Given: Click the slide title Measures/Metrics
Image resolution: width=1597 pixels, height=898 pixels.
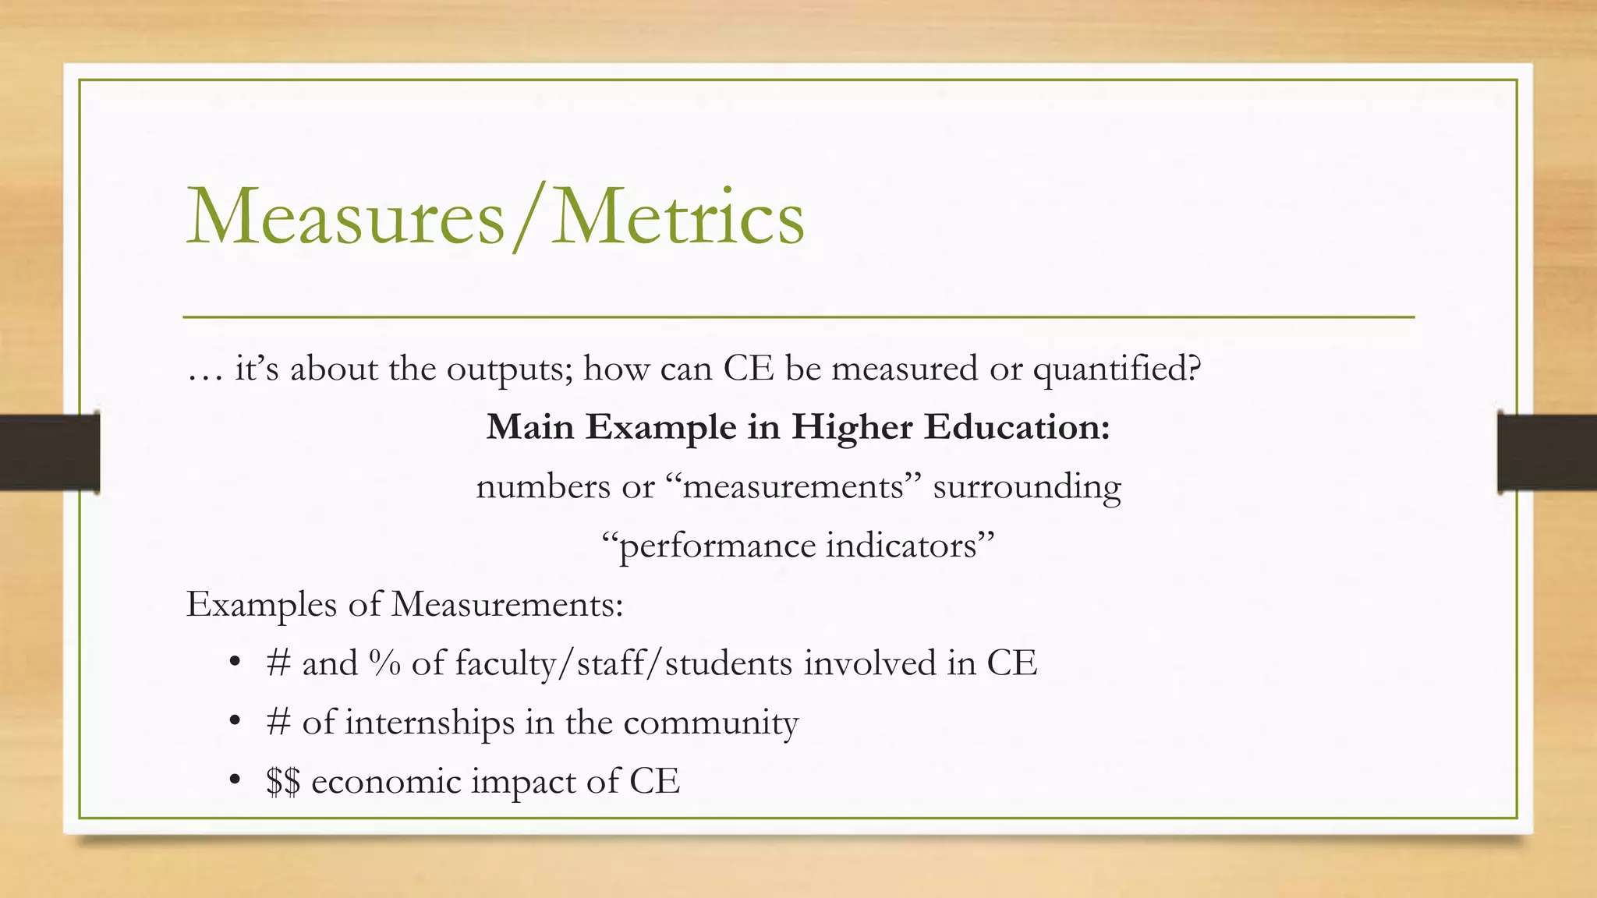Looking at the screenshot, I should [x=495, y=217].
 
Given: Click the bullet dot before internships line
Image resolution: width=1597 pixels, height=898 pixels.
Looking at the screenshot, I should [x=235, y=722].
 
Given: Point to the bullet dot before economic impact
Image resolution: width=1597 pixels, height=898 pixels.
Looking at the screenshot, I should [x=235, y=780].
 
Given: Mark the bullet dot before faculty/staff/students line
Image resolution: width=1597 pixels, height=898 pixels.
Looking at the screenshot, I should [x=235, y=663].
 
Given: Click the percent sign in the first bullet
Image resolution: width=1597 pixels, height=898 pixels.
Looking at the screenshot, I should [x=385, y=663].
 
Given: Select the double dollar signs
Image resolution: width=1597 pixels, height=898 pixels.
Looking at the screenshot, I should [x=282, y=782].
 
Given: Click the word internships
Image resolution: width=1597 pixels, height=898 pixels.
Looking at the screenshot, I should [x=430, y=723].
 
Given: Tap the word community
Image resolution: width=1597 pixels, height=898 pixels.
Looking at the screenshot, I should [x=710, y=723].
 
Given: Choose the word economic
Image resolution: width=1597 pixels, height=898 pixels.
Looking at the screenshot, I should [x=386, y=781].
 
